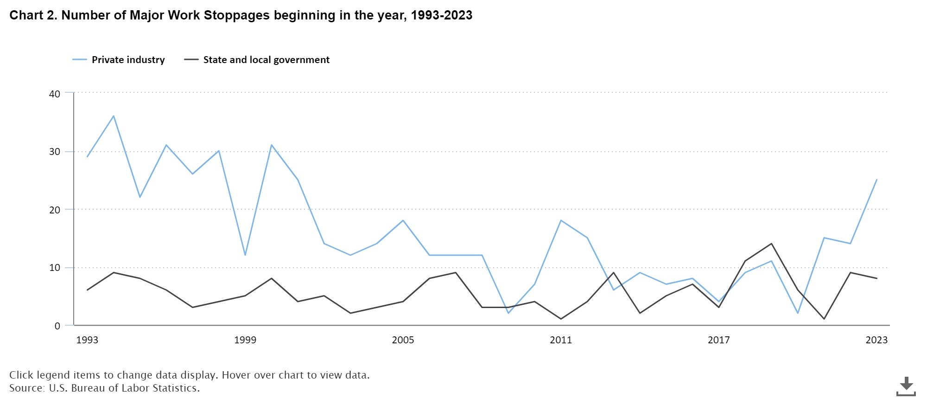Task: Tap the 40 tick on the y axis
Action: click(55, 94)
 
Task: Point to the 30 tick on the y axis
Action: click(55, 152)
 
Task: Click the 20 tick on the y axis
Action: click(55, 210)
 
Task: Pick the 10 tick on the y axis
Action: click(55, 268)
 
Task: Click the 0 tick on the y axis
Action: click(57, 326)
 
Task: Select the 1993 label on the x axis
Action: click(87, 340)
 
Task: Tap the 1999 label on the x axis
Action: click(245, 340)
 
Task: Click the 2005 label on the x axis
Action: click(403, 340)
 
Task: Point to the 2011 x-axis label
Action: click(561, 340)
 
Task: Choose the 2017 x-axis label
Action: click(718, 340)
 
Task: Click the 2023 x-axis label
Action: click(876, 340)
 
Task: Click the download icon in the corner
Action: click(906, 386)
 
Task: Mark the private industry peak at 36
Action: click(114, 116)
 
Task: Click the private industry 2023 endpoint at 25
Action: click(876, 180)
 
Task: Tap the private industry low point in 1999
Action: click(245, 255)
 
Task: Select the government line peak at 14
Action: click(771, 244)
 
